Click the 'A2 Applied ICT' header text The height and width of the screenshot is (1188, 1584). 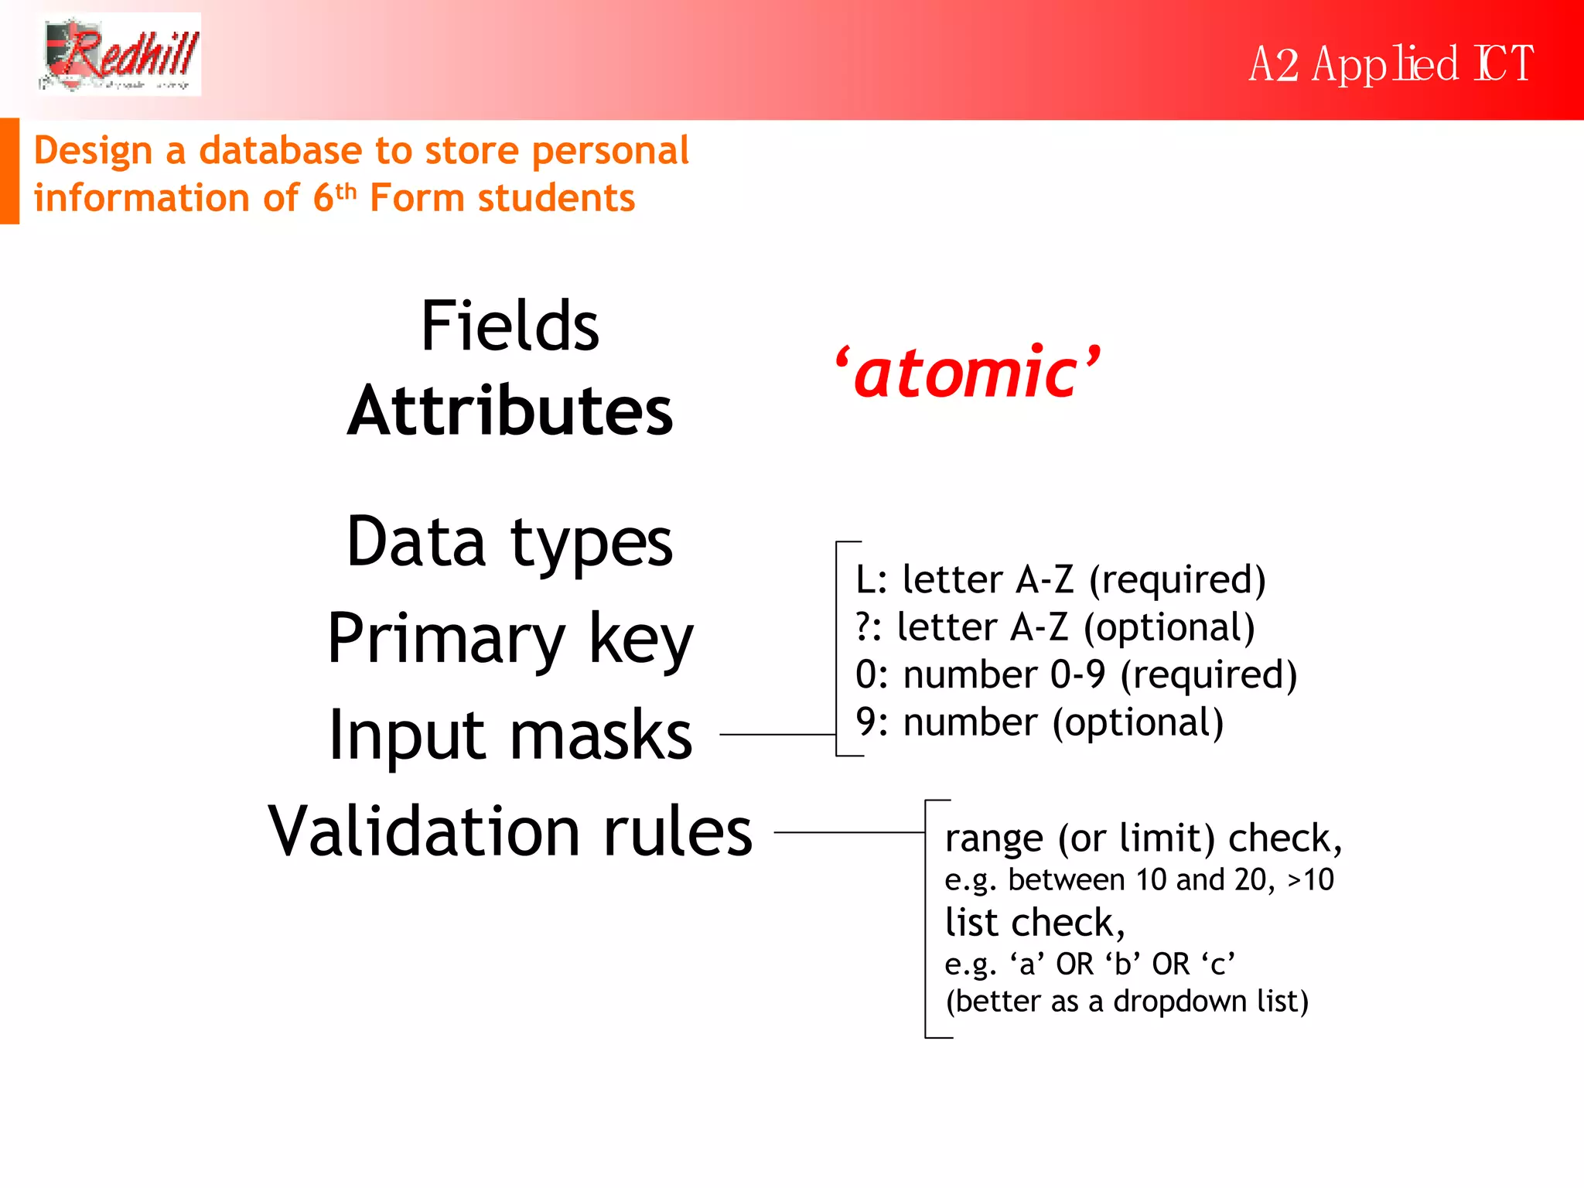point(1390,64)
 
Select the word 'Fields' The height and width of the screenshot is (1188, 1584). point(510,326)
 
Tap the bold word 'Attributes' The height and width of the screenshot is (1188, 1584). point(510,411)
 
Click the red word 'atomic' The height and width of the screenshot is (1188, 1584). point(967,374)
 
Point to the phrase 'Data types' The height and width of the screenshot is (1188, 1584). point(510,541)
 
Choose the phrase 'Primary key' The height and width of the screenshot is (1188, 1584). point(510,639)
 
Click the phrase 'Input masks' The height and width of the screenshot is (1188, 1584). point(510,736)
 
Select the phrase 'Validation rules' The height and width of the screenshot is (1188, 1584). point(510,831)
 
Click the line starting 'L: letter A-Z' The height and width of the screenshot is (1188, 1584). point(1060,580)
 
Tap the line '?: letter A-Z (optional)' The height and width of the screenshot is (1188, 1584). point(1055,627)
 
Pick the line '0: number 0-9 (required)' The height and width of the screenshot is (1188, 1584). point(1075,674)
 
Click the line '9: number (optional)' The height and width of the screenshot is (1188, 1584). point(1039,722)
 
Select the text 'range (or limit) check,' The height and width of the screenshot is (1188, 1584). point(1142,838)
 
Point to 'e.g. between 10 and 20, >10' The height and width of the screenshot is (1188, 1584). point(1138,880)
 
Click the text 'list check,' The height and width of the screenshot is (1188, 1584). point(1034,923)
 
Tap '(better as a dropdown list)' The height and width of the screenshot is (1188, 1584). point(1126,1002)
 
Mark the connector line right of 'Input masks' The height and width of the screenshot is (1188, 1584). point(777,735)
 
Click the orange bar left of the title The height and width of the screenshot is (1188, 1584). point(9,171)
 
